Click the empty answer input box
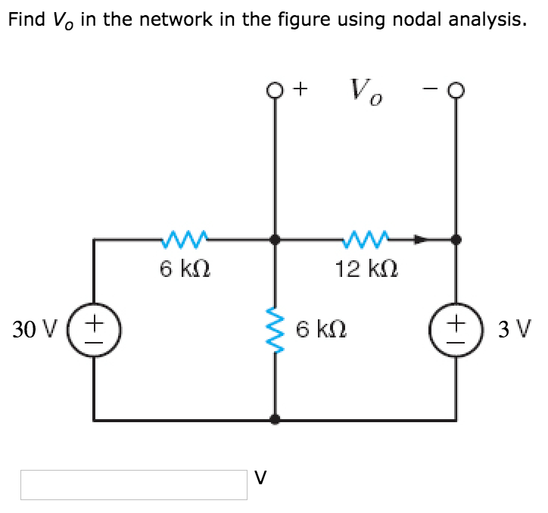(134, 484)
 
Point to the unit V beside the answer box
(260, 477)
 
